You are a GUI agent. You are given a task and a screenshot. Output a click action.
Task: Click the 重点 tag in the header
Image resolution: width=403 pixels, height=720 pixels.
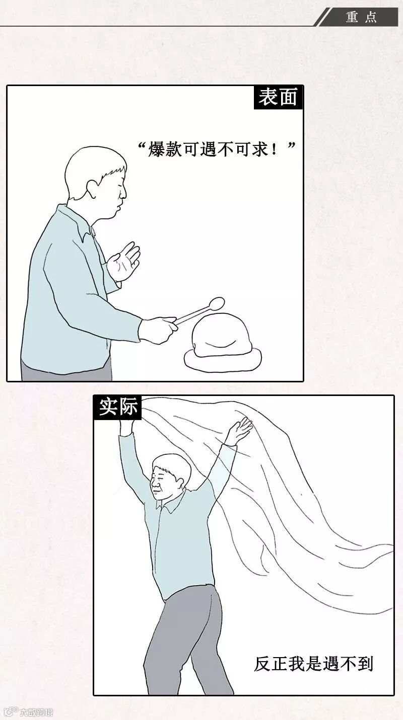coord(361,17)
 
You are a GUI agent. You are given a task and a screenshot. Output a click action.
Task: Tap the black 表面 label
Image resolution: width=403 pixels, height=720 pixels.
coord(278,97)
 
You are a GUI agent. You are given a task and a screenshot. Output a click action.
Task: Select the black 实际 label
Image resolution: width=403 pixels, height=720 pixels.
coord(118,407)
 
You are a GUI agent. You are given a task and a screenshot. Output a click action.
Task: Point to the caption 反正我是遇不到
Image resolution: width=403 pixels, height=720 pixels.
coord(313,664)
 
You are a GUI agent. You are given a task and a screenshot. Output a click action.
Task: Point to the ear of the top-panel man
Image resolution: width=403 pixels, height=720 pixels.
coord(93,189)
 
